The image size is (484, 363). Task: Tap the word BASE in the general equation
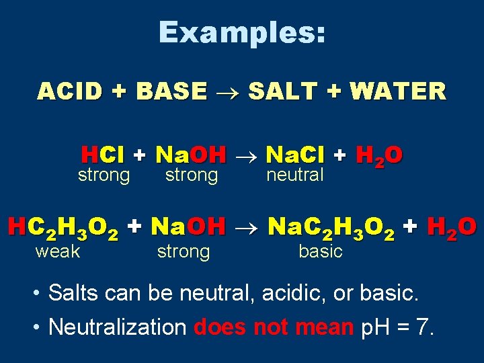pyautogui.click(x=171, y=91)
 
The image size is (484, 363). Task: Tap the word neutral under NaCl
pyautogui.click(x=295, y=175)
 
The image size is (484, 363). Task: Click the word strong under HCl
pyautogui.click(x=104, y=175)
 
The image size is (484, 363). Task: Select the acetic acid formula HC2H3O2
pyautogui.click(x=64, y=229)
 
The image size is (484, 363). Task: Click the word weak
pyautogui.click(x=58, y=251)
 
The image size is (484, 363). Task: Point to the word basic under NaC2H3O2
pyautogui.click(x=320, y=251)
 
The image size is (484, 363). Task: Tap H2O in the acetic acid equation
pyautogui.click(x=452, y=229)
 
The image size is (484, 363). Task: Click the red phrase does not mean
pyautogui.click(x=273, y=327)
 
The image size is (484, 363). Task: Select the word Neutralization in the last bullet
pyautogui.click(x=117, y=327)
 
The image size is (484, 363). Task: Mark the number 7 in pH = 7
pyautogui.click(x=424, y=327)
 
